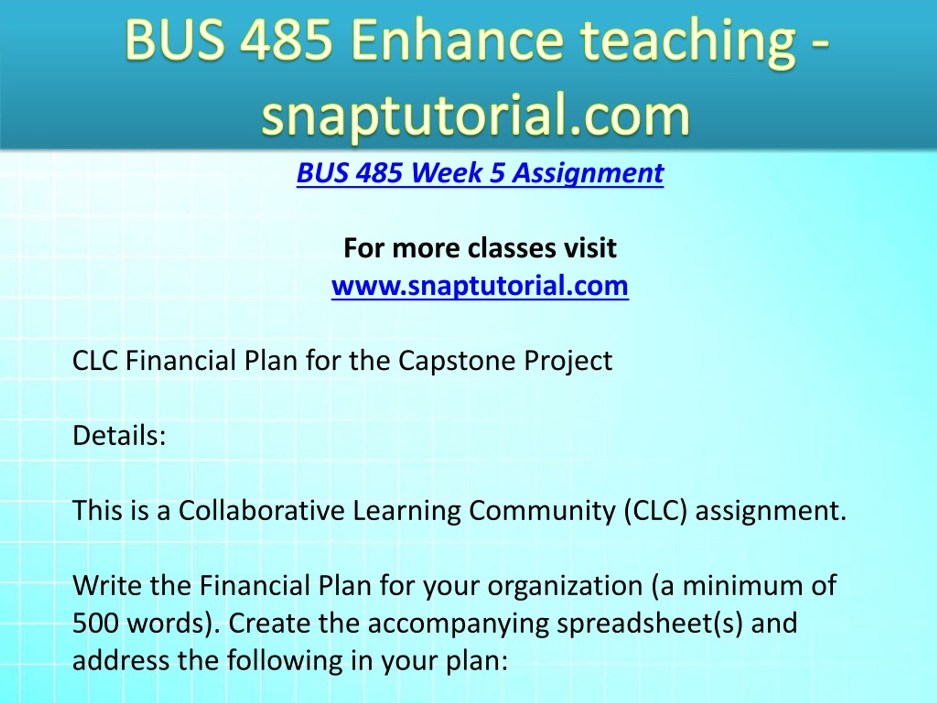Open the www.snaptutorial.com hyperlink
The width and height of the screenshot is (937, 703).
click(x=480, y=286)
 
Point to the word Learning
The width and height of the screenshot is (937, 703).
click(x=407, y=511)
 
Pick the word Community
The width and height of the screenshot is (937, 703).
click(x=542, y=511)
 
